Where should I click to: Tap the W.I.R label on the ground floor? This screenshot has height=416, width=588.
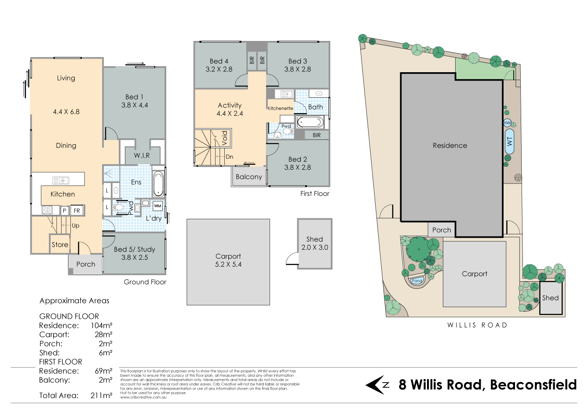(x=142, y=155)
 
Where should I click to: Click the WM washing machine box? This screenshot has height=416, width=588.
(x=157, y=206)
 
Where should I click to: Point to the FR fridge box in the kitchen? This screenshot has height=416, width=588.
(x=77, y=210)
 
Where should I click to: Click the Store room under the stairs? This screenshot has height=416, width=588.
(x=60, y=244)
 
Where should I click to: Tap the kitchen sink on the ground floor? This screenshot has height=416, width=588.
(x=61, y=180)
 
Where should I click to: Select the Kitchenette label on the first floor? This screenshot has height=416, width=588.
(x=280, y=108)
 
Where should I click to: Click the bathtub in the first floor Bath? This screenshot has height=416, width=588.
(x=310, y=122)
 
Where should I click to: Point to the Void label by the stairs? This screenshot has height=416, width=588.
(x=225, y=138)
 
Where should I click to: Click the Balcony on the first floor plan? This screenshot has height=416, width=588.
(x=249, y=177)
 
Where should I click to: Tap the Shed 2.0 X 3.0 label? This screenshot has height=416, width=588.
(x=314, y=243)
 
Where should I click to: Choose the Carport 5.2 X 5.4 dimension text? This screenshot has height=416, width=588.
(x=228, y=265)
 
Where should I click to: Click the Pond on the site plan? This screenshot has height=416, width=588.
(x=417, y=280)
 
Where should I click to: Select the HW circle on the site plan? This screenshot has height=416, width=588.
(x=507, y=123)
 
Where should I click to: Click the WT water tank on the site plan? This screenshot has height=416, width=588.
(x=510, y=141)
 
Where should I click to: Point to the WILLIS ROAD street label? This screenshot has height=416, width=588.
(x=477, y=325)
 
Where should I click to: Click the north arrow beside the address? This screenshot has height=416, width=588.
(x=377, y=385)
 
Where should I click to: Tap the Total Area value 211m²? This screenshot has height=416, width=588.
(x=101, y=395)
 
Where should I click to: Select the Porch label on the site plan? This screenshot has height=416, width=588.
(x=442, y=230)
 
